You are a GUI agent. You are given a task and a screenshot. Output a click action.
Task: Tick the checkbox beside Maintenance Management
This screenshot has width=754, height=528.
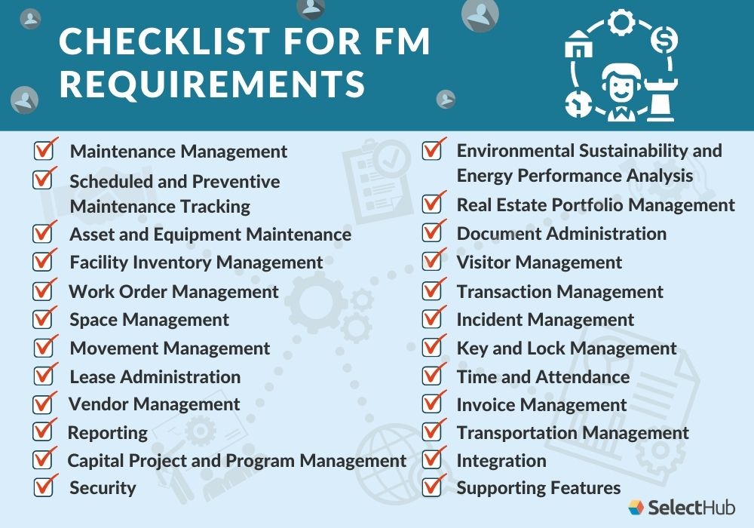[x=43, y=152]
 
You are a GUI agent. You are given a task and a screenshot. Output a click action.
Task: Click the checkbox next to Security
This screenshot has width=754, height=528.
[x=43, y=488]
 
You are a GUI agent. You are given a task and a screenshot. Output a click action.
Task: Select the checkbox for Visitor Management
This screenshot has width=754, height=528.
[x=431, y=262]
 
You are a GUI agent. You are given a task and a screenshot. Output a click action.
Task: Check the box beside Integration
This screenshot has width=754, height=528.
[x=431, y=460]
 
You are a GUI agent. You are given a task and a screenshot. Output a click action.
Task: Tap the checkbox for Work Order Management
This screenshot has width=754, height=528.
[x=43, y=291]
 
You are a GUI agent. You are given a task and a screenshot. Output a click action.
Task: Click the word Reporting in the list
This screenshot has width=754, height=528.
[x=108, y=433]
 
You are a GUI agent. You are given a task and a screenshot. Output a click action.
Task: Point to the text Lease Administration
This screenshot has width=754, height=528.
[x=155, y=376]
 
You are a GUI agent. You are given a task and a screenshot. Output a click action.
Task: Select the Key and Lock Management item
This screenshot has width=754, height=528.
[x=566, y=348]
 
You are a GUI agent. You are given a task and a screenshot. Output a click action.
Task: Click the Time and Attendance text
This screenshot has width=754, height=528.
[x=543, y=376]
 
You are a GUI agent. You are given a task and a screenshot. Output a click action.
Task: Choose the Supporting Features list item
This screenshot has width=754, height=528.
[x=538, y=488]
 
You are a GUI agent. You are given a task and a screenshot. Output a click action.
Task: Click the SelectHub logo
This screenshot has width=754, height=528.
[x=681, y=508]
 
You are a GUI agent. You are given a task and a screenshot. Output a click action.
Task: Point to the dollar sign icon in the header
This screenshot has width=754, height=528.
[x=665, y=38]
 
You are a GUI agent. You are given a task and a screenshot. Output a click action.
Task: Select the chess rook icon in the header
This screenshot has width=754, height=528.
[x=661, y=99]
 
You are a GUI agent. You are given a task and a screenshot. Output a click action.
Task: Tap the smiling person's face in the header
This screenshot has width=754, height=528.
[x=620, y=84]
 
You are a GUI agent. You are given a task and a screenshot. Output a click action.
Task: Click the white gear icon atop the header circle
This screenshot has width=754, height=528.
[x=621, y=23]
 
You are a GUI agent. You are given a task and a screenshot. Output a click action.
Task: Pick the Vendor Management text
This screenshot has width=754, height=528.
[x=154, y=404]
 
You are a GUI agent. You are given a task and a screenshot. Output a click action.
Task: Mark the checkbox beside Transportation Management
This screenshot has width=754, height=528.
[x=431, y=432]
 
